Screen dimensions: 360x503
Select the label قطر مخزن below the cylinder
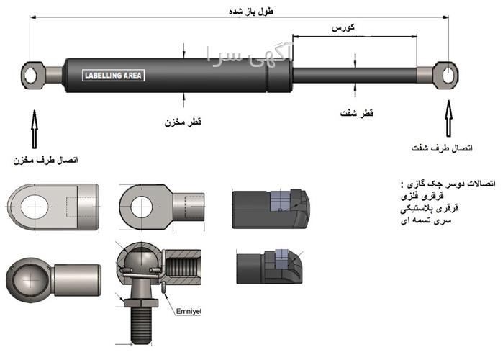(183, 122)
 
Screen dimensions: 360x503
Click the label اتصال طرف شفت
(442, 148)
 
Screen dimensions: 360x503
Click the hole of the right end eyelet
(447, 73)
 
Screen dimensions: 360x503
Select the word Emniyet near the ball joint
(190, 311)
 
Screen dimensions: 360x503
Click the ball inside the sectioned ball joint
(137, 265)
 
